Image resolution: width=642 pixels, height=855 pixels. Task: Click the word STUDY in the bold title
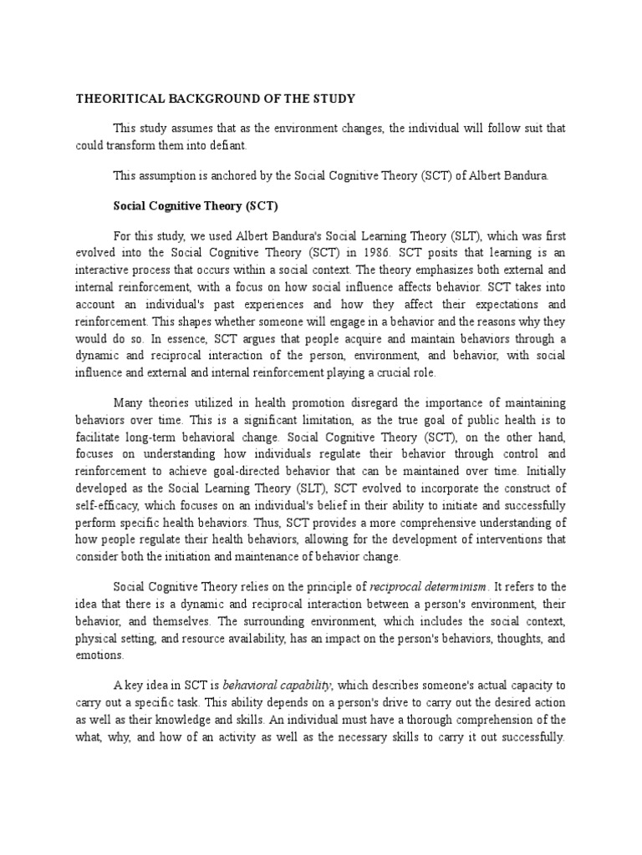point(331,99)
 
